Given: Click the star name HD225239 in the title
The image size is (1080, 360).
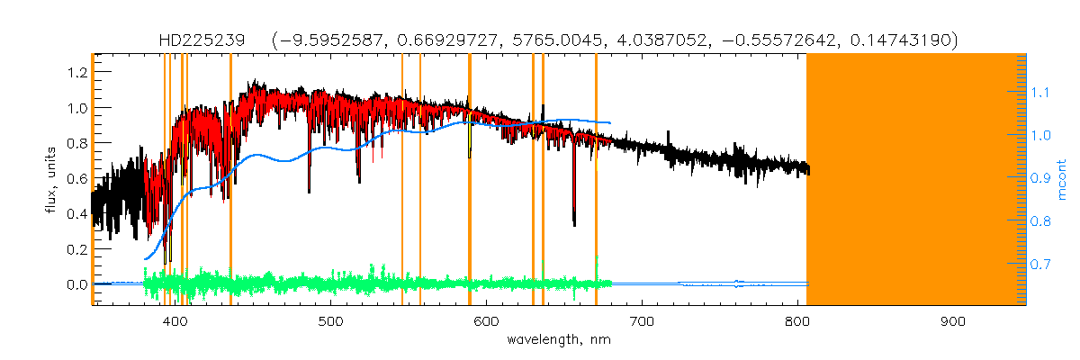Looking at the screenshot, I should pyautogui.click(x=191, y=40).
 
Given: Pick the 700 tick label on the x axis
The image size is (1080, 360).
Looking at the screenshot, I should pyautogui.click(x=642, y=321).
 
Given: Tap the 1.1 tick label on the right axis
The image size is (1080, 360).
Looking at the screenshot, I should pyautogui.click(x=1041, y=92).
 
